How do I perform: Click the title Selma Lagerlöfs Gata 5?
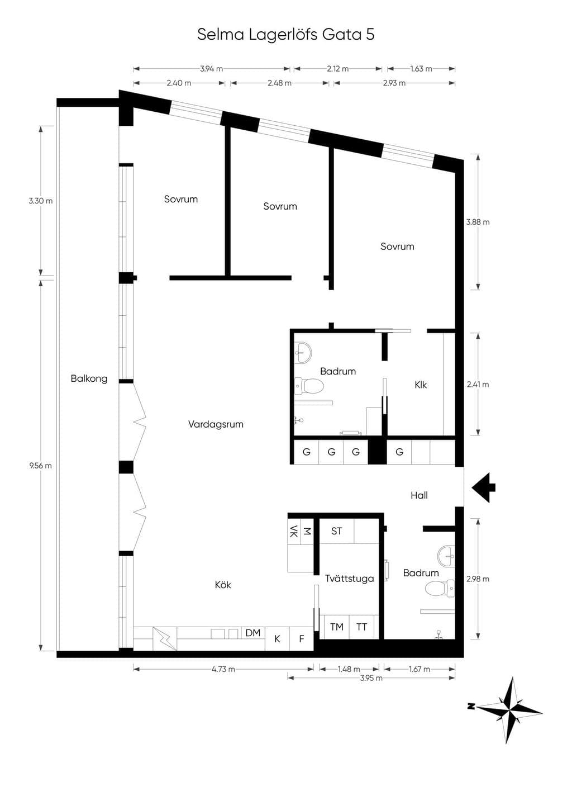(285, 35)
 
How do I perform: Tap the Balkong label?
(89, 379)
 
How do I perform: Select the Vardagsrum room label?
(216, 424)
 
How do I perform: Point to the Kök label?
(222, 585)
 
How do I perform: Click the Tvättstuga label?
(349, 579)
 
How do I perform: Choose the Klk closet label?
(421, 385)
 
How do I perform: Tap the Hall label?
(419, 495)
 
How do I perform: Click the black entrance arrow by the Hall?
(483, 487)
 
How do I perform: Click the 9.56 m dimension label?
(40, 466)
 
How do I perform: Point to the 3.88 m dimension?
(478, 222)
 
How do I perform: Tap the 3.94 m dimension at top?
(211, 69)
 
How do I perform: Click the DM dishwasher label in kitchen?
(253, 633)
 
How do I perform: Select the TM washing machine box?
(337, 627)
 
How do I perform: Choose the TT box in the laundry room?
(362, 627)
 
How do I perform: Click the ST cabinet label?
(336, 531)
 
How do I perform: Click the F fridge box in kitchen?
(301, 639)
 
